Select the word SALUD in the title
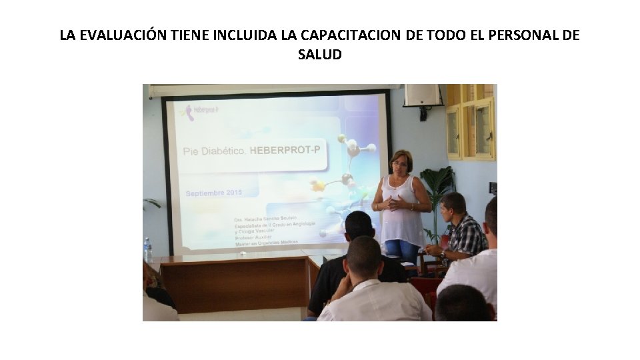pos(320,55)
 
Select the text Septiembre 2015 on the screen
pos(213,193)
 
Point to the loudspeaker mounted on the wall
pos(422,95)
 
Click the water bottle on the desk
pos(148,251)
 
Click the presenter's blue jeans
pos(402,250)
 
